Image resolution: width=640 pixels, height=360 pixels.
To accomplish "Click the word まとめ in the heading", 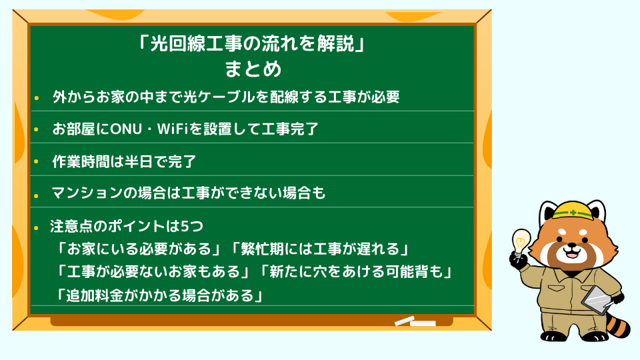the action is [x=253, y=69].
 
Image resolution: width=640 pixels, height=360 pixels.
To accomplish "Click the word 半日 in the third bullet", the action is [x=139, y=161].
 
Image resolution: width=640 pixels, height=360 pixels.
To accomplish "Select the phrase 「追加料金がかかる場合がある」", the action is [x=159, y=295].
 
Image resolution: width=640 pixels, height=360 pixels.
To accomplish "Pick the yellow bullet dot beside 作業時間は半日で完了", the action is [x=36, y=162].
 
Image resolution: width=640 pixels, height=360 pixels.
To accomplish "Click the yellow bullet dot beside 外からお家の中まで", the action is [x=36, y=98].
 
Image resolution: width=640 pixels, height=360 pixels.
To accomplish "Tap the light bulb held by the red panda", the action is [x=521, y=241].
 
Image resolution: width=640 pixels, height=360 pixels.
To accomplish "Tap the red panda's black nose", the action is [x=572, y=246].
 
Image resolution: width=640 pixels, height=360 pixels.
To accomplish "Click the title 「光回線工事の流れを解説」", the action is [x=252, y=43].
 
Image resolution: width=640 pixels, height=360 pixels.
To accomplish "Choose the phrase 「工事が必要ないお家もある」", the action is [x=153, y=272].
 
